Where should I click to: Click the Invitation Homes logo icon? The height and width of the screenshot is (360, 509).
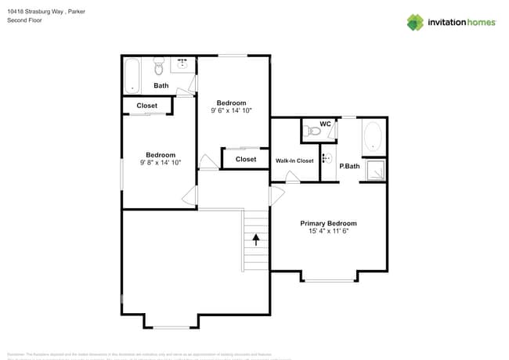pyautogui.click(x=415, y=22)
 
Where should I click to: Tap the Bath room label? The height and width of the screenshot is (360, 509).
pyautogui.click(x=161, y=85)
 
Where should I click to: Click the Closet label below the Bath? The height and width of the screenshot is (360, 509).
pyautogui.click(x=146, y=106)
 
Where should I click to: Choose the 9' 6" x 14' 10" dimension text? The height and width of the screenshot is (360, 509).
pyautogui.click(x=231, y=111)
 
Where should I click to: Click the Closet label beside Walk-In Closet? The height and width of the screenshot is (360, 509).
pyautogui.click(x=246, y=159)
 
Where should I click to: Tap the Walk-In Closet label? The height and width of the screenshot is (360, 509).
pyautogui.click(x=294, y=160)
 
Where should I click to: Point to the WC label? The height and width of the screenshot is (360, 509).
pyautogui.click(x=325, y=124)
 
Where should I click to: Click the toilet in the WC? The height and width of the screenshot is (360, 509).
pyautogui.click(x=315, y=131)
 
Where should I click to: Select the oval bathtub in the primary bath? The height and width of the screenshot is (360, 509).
pyautogui.click(x=373, y=136)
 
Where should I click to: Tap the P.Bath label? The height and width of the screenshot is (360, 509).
pyautogui.click(x=349, y=166)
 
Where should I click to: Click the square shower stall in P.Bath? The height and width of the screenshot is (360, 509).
pyautogui.click(x=374, y=170)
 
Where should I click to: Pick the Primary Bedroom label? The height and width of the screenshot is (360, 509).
pyautogui.click(x=328, y=223)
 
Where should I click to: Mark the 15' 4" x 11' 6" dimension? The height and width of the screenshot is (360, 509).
pyautogui.click(x=328, y=232)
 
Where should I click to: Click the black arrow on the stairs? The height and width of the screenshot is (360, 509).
pyautogui.click(x=255, y=239)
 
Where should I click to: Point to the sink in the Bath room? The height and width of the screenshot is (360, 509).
pyautogui.click(x=183, y=63)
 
